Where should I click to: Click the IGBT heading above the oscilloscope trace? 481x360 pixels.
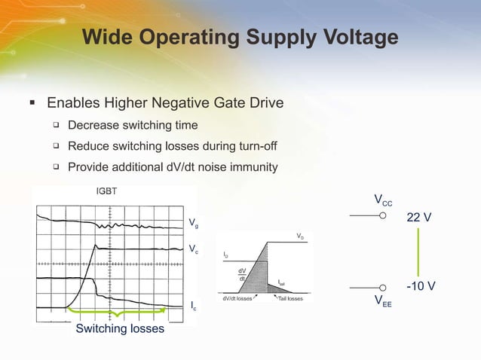click(x=106, y=191)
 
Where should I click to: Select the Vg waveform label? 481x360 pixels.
click(x=194, y=222)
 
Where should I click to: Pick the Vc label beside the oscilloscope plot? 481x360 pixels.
click(x=194, y=249)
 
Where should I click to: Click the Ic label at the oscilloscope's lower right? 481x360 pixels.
click(x=194, y=306)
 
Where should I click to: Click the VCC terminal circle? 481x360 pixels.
click(x=382, y=215)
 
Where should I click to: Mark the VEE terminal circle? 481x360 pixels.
click(x=382, y=287)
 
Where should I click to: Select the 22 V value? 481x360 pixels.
click(x=419, y=218)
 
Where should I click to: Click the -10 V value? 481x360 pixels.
click(x=419, y=287)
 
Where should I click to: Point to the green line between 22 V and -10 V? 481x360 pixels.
click(x=418, y=252)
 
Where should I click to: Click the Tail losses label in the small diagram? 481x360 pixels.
click(x=290, y=299)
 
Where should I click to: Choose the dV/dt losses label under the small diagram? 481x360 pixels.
click(x=238, y=299)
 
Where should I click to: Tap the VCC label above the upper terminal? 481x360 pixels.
click(x=383, y=200)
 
